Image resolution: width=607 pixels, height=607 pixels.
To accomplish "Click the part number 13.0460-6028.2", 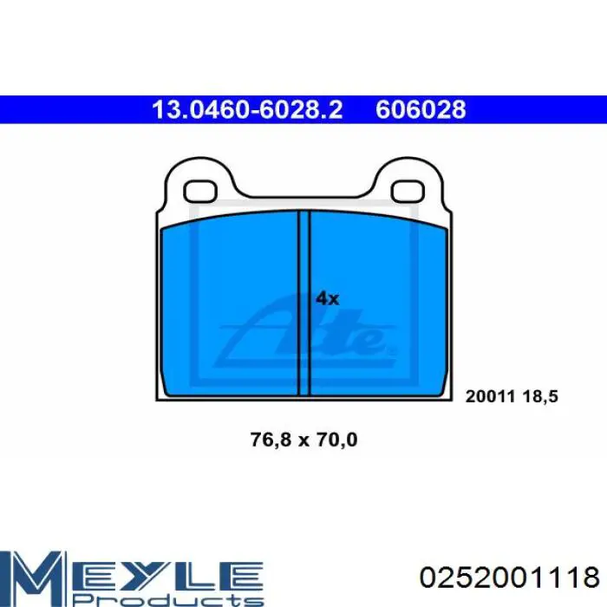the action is pyautogui.click(x=247, y=109).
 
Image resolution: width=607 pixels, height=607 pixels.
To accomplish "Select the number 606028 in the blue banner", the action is pyautogui.click(x=421, y=109).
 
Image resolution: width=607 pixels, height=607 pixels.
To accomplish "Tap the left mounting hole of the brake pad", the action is pyautogui.click(x=199, y=192).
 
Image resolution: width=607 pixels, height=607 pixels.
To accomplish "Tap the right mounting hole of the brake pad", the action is pyautogui.click(x=408, y=192).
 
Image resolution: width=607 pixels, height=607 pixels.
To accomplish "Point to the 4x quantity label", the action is pyautogui.click(x=327, y=298).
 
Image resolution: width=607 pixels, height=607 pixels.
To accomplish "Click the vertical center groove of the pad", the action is pyautogui.click(x=303, y=303).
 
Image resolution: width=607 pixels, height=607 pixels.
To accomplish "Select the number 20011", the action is pyautogui.click(x=490, y=396).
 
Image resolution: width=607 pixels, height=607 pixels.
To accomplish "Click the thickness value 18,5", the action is pyautogui.click(x=540, y=396).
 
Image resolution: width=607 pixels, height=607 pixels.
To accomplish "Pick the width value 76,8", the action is pyautogui.click(x=271, y=440).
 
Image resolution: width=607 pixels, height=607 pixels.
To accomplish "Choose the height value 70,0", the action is pyautogui.click(x=336, y=440).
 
